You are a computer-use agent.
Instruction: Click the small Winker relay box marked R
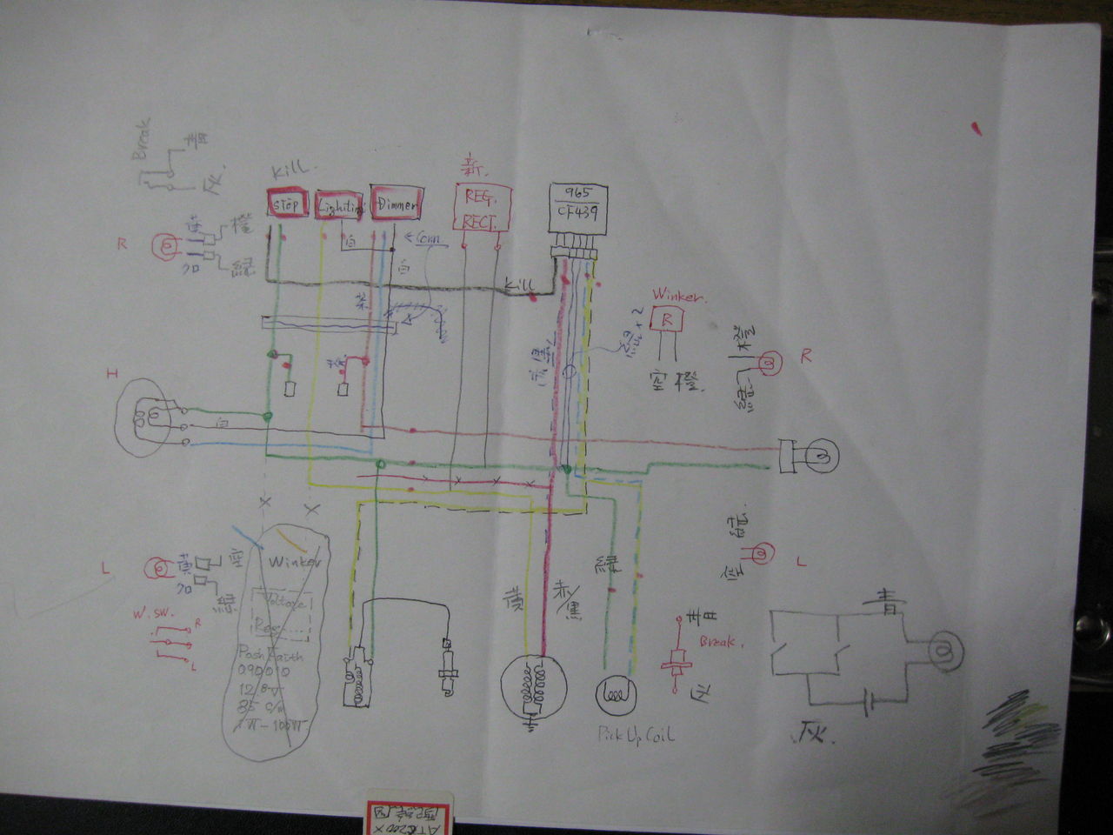[x=668, y=319]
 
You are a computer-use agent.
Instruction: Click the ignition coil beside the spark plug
[x=357, y=678]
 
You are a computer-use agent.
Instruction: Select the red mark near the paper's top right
[x=976, y=129]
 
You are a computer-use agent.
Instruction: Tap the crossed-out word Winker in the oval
[x=294, y=563]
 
